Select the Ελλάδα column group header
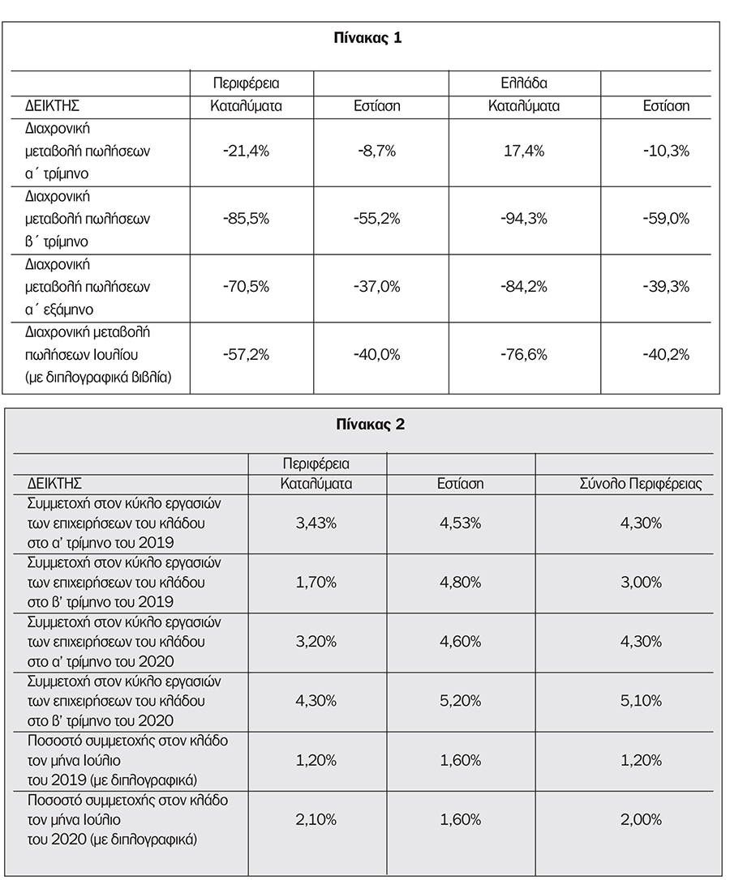point(523,83)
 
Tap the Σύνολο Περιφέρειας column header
point(640,484)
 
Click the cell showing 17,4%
point(524,152)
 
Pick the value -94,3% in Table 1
point(524,219)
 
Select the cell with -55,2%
point(376,219)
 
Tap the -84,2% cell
point(524,286)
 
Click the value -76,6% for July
point(524,354)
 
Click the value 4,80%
point(460,582)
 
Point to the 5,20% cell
point(460,701)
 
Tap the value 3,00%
point(641,582)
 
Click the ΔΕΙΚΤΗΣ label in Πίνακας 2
point(54,484)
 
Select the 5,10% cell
point(641,701)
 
